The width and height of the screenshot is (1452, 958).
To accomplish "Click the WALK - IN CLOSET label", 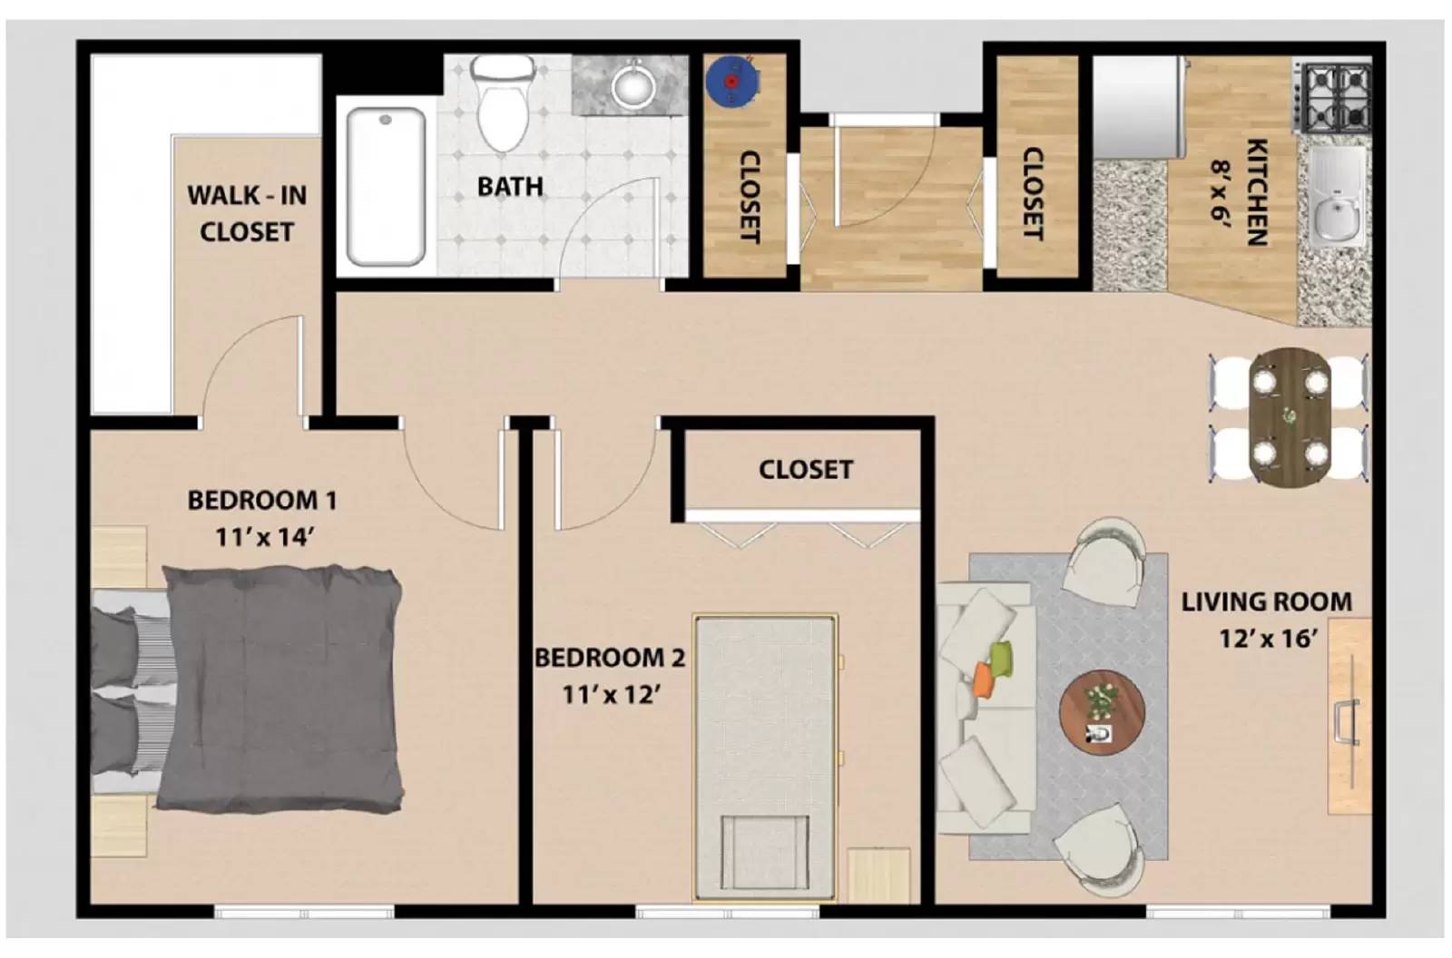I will pos(246,213).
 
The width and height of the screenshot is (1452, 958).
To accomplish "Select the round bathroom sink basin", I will pos(633,87).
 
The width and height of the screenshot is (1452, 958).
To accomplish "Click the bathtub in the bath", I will pos(386,186).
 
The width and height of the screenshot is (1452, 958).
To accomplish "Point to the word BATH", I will pos(510,187).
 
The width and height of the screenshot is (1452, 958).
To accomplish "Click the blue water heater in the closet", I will pos(731,81).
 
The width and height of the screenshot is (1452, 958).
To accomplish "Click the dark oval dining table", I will pos(1290,415).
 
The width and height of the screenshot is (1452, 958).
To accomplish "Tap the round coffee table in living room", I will pos(1102,710).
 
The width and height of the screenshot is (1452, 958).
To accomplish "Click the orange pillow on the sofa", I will pos(984,678).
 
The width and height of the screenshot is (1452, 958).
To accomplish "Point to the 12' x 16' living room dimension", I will pos(1267,639).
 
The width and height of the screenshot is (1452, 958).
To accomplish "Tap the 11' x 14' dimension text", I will pos(264,537).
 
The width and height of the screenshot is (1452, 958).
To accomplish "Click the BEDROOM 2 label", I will pos(609,658).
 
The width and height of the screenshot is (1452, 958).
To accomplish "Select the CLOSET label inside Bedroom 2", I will pos(805,470).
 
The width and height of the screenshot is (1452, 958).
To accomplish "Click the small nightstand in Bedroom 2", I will pos(878,875).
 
